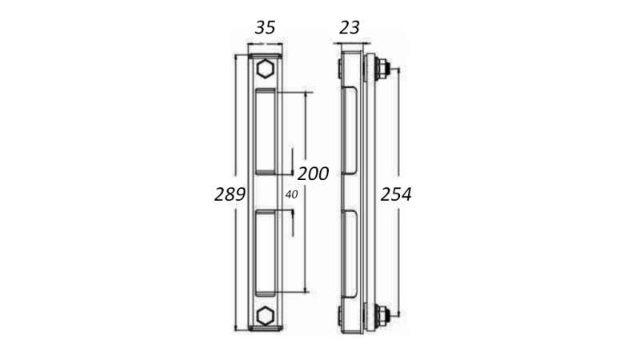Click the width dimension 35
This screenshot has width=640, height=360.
click(265, 27)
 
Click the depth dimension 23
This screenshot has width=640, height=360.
click(350, 27)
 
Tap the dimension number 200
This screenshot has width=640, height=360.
click(313, 174)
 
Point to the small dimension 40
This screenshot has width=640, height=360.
click(291, 194)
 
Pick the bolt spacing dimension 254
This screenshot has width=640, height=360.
click(395, 194)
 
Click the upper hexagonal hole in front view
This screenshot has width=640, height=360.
click(265, 70)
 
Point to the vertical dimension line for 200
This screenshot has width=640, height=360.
click(306, 240)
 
